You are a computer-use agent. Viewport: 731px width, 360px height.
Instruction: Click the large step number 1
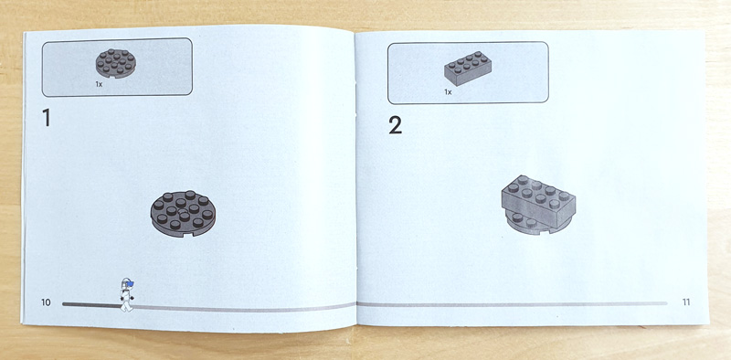point(47,118)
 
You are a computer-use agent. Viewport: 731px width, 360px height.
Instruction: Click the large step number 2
point(395,125)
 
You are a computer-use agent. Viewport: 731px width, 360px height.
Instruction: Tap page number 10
point(46,302)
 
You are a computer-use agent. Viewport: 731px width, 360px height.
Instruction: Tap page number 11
point(686,302)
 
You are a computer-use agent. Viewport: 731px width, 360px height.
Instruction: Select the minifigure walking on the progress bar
point(126,294)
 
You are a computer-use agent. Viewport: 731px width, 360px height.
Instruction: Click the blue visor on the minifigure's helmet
point(131,283)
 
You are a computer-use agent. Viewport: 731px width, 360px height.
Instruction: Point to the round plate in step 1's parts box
point(116,63)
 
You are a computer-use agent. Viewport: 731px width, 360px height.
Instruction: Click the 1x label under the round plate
point(99,85)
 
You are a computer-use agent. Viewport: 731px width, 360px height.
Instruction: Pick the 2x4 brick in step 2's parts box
point(468,69)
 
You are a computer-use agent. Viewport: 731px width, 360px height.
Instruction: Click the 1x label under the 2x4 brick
point(448,92)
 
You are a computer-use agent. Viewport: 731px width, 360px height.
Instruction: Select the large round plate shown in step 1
point(183,213)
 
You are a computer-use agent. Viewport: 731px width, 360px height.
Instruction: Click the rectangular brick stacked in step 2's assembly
point(538,201)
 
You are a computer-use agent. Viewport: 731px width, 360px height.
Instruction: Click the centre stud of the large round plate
point(182,210)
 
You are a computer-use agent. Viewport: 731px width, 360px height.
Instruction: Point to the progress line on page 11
point(512,303)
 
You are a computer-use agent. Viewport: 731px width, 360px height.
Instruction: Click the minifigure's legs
point(126,304)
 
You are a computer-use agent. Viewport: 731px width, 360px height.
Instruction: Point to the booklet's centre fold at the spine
point(355,177)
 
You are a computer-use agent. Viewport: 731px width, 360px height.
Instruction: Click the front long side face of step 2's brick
point(528,209)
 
